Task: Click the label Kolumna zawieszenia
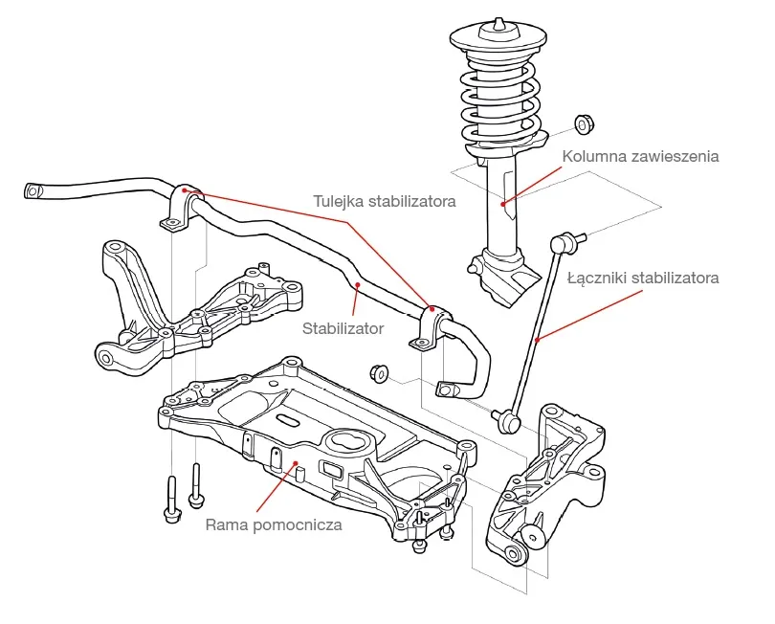tap(640, 155)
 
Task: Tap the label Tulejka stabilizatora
tap(384, 201)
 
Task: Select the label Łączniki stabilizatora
tap(642, 279)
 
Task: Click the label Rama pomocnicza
tap(274, 524)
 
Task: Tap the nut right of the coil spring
tap(583, 125)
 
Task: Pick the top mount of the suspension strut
tap(498, 38)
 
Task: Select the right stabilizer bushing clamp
tap(433, 326)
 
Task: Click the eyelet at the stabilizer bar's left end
tap(33, 189)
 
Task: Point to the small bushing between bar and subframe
tap(378, 370)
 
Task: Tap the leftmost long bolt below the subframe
tap(172, 498)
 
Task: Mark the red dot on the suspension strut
tap(504, 202)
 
